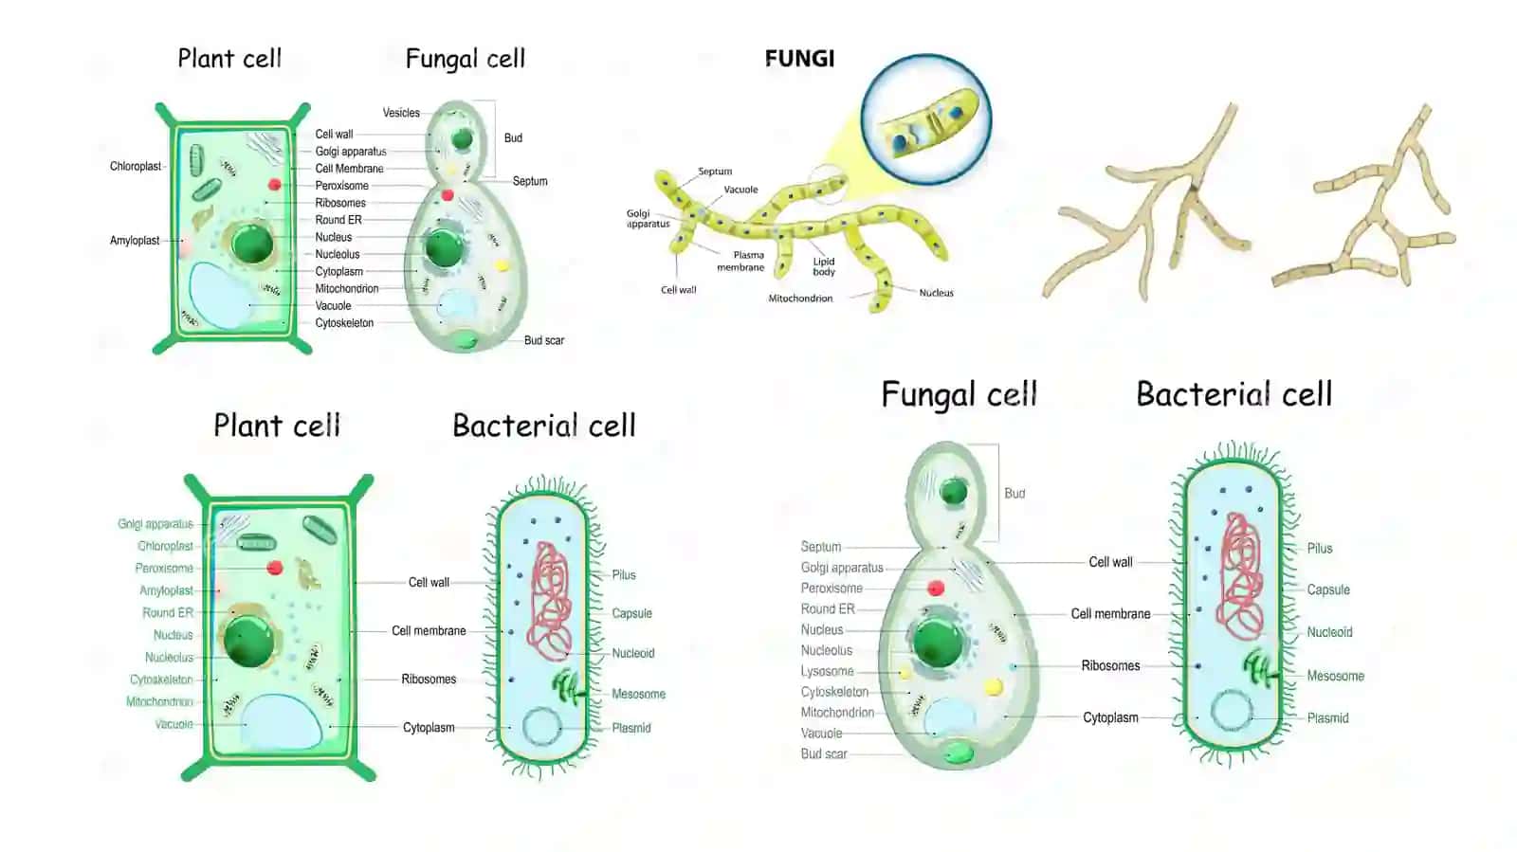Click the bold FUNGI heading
click(x=799, y=59)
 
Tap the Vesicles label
click(x=401, y=113)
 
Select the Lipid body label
click(x=824, y=266)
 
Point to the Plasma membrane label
click(x=741, y=262)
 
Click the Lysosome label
click(x=827, y=671)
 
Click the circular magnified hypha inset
click(x=925, y=119)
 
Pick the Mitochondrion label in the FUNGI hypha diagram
click(x=800, y=299)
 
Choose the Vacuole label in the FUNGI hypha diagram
click(x=740, y=190)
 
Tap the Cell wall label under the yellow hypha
click(x=679, y=290)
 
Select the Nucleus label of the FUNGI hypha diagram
click(x=936, y=293)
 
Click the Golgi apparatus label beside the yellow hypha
click(x=649, y=219)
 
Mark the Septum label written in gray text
click(x=821, y=547)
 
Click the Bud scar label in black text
click(x=544, y=340)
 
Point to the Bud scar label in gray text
click(x=824, y=753)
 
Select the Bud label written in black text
click(x=513, y=138)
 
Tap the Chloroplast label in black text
click(x=136, y=167)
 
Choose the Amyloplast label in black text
click(x=135, y=240)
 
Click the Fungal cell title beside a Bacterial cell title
click(x=959, y=394)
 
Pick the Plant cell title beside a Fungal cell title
click(x=229, y=59)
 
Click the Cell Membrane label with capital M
click(x=350, y=169)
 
